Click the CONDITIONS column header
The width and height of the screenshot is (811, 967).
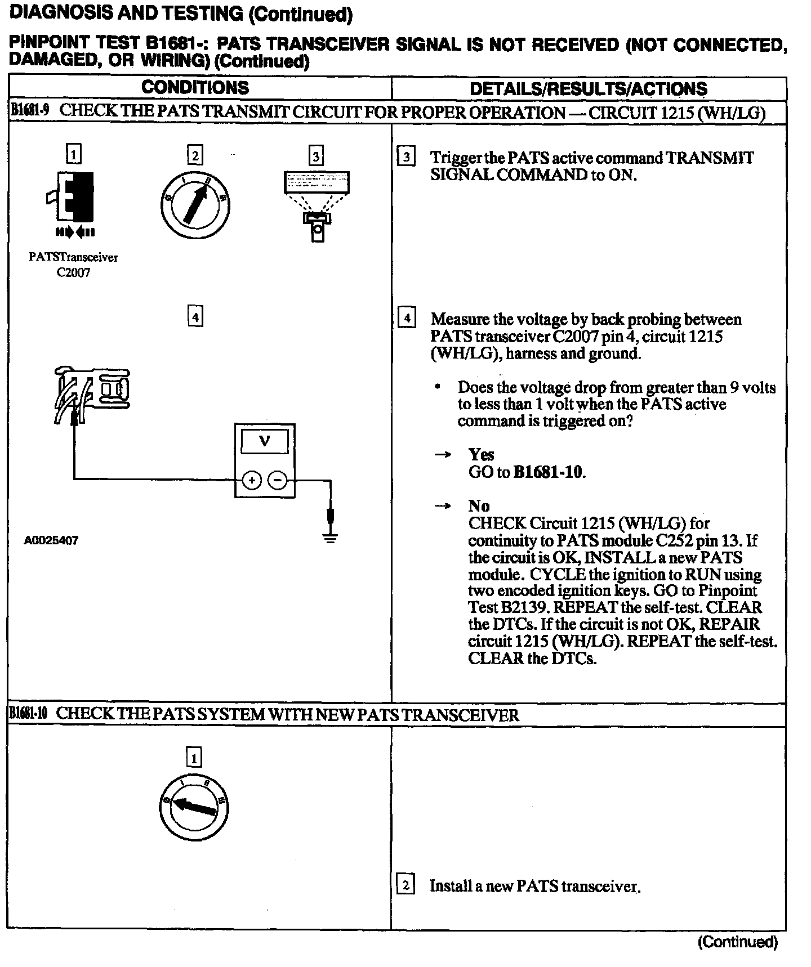coord(195,88)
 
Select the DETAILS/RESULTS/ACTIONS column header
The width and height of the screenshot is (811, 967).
coord(588,88)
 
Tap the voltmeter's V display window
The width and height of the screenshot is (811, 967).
coord(264,442)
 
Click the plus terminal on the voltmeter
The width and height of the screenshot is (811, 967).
coord(251,480)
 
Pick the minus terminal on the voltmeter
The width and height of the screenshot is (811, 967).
coord(277,480)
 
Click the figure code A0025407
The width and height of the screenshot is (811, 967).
coord(51,540)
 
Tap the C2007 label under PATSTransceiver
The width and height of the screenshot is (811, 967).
coord(73,272)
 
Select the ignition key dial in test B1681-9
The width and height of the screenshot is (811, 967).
coord(194,204)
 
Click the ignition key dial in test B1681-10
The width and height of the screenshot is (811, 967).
coord(194,808)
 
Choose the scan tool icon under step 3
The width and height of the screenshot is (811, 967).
coord(317,203)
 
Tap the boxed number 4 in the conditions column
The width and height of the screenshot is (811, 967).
coord(195,317)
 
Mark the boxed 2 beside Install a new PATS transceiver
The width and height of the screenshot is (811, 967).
coord(406,885)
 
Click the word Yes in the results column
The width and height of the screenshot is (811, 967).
coord(481,454)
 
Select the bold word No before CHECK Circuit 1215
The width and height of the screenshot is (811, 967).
coord(479,505)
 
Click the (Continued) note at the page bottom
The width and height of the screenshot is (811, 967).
coord(738,942)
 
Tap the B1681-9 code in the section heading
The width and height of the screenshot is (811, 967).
coord(30,111)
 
